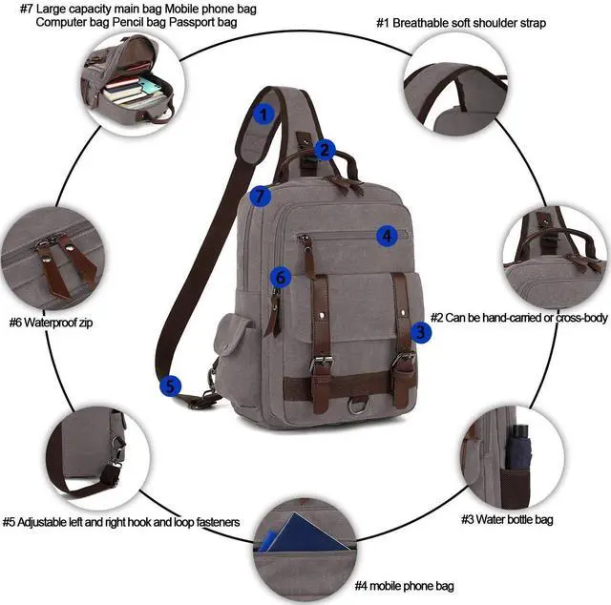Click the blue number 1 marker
264,113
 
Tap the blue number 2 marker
325,150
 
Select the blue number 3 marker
421,332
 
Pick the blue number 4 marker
386,235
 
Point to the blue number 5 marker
169,386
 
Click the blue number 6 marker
279,277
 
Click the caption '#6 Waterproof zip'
52,323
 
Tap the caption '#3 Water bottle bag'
507,520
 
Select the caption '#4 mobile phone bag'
404,585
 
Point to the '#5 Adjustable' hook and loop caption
121,522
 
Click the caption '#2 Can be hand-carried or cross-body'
518,317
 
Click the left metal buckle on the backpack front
321,365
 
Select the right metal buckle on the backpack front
405,361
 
